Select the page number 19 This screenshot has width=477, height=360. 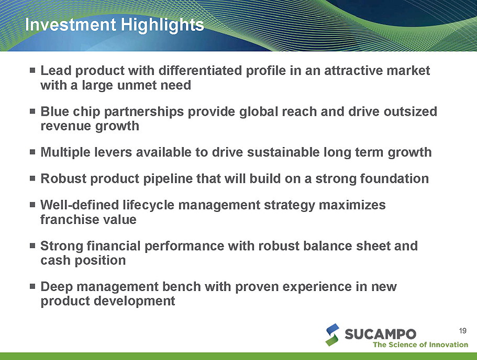click(x=463, y=331)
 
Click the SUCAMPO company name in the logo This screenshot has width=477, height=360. click(x=380, y=334)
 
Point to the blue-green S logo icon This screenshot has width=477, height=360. click(x=332, y=335)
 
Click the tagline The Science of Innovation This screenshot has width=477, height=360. click(x=420, y=344)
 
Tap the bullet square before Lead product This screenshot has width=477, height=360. click(x=32, y=70)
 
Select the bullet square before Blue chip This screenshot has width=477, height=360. click(x=32, y=111)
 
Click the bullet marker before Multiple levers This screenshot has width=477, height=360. click(x=32, y=152)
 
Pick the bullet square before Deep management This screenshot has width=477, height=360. click(x=32, y=286)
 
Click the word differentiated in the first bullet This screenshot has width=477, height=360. click(x=200, y=70)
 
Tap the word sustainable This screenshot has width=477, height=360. click(x=283, y=152)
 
